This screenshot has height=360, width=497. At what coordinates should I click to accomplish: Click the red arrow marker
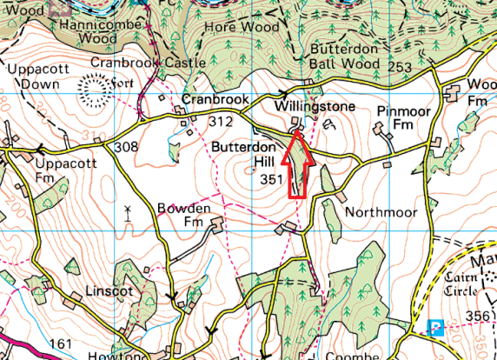[297, 164]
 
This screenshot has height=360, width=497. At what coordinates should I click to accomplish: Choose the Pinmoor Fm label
[404, 118]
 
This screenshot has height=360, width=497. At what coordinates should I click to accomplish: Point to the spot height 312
[221, 123]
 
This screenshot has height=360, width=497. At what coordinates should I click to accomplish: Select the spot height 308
[126, 148]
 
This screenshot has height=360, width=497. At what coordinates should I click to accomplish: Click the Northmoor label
[381, 212]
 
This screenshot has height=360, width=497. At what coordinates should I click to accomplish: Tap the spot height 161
[60, 345]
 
